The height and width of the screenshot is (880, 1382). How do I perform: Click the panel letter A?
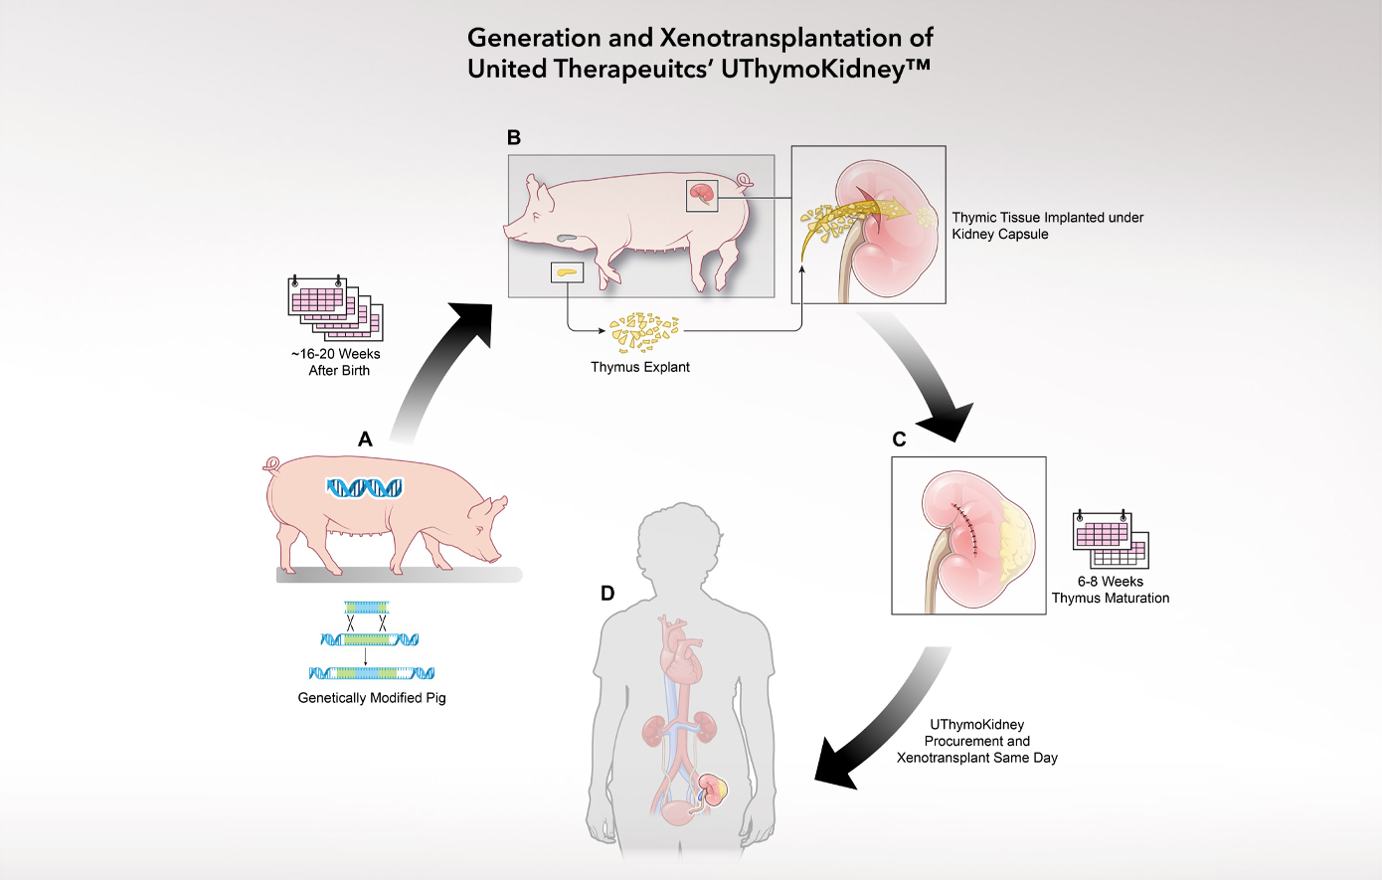point(365,439)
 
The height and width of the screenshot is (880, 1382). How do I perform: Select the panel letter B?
point(514,137)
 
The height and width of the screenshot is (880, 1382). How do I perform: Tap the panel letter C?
point(899,440)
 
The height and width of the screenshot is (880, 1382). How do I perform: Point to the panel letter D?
point(607,594)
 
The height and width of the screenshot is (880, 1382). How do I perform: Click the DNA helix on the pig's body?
point(365,487)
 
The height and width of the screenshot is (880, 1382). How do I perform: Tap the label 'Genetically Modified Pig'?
point(372,698)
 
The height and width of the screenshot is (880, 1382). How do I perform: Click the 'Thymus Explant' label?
point(640,367)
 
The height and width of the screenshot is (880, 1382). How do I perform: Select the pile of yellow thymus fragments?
point(644,331)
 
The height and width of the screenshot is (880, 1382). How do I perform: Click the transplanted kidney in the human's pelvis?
point(712,791)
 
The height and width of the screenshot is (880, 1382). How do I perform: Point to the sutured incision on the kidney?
point(967,527)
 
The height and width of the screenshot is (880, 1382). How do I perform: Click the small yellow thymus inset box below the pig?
point(567,271)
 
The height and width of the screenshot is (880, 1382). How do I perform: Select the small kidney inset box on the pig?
point(702,195)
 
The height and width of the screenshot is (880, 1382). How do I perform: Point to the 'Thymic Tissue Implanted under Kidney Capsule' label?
point(1047,226)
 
